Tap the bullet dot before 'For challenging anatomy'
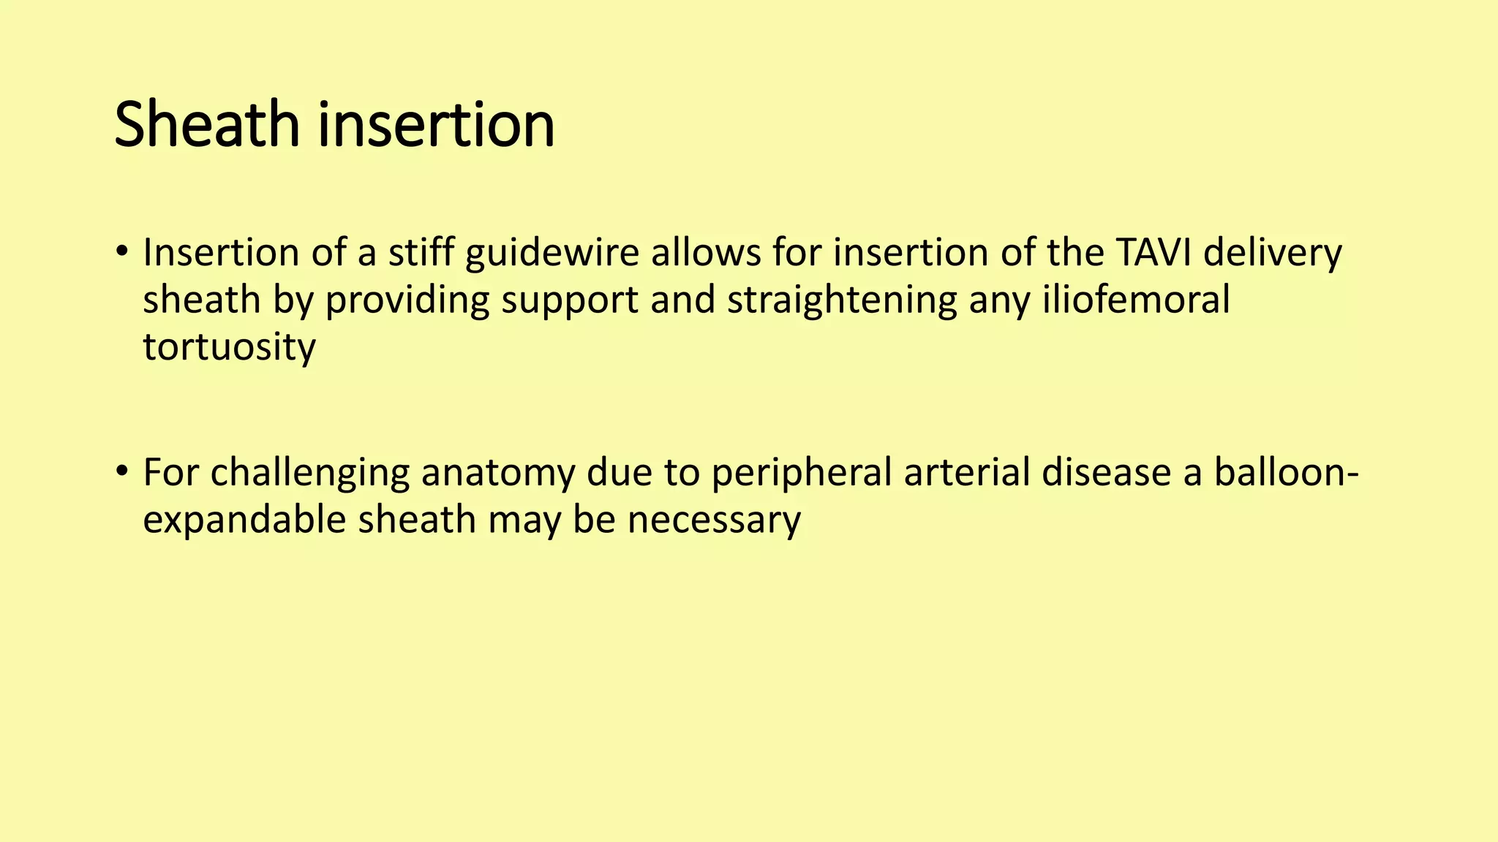(x=121, y=471)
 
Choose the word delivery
(x=1273, y=254)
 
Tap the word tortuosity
(x=229, y=347)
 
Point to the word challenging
(x=309, y=473)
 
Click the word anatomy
(x=498, y=473)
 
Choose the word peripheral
(x=802, y=473)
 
